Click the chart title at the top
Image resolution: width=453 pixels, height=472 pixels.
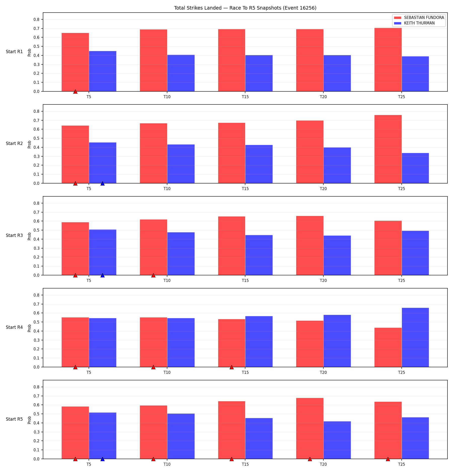(x=245, y=8)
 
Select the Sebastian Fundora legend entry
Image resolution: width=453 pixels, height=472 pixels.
(x=419, y=18)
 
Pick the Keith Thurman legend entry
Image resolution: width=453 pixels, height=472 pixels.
(x=414, y=23)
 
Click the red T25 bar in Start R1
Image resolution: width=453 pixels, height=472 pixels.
(x=388, y=60)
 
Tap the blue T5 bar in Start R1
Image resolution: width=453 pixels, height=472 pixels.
(x=103, y=71)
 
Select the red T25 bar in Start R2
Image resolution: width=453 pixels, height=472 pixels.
(x=388, y=149)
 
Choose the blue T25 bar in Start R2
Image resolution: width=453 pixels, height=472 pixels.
(x=415, y=168)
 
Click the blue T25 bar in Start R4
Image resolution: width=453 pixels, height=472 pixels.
(x=415, y=337)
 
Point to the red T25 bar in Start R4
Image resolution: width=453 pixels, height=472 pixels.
(x=388, y=347)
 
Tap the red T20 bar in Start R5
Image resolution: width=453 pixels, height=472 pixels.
(x=310, y=428)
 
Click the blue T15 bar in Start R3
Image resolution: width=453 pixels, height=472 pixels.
(x=259, y=255)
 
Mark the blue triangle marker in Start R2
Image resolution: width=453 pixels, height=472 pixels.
(x=102, y=183)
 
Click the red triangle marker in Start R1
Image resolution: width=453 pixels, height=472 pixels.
(x=75, y=91)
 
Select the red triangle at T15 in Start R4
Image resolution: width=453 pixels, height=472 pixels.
(x=232, y=367)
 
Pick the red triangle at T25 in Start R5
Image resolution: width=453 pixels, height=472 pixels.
(x=388, y=459)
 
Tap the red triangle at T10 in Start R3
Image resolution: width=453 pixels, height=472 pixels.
(x=153, y=275)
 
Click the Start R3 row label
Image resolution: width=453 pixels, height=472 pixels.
(x=14, y=235)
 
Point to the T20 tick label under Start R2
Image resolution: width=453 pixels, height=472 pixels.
(x=323, y=189)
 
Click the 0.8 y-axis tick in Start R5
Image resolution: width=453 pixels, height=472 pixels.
(x=37, y=387)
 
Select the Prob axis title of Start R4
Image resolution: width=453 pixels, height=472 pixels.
(x=29, y=328)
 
